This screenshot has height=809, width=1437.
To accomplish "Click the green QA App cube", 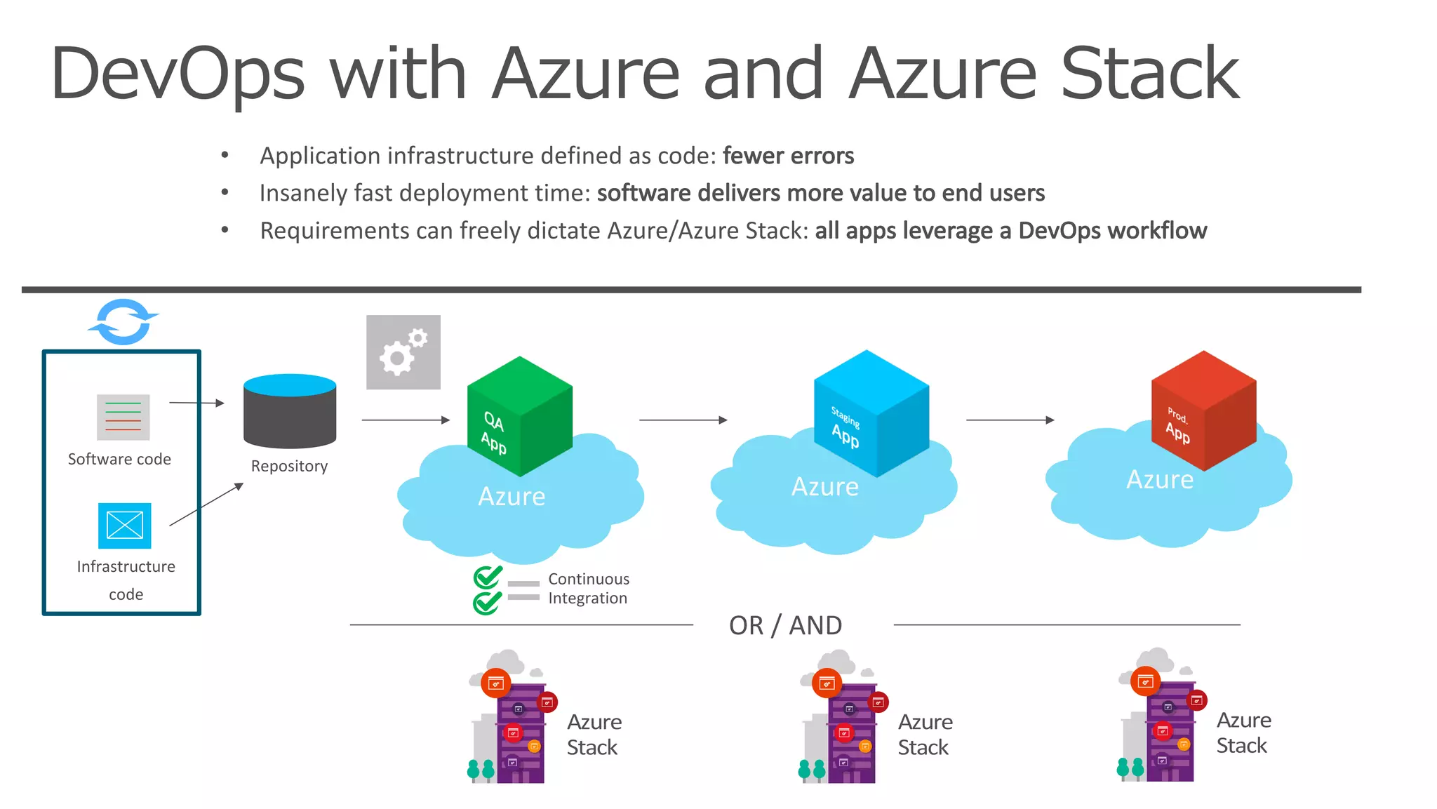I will click(x=519, y=417).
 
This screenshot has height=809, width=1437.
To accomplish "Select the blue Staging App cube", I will click(x=871, y=414).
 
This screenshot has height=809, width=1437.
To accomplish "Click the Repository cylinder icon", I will click(x=290, y=412).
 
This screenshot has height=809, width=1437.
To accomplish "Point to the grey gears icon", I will click(x=403, y=352).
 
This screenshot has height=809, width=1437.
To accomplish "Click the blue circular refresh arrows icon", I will click(x=123, y=322).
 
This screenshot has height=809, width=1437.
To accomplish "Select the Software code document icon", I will click(x=123, y=417).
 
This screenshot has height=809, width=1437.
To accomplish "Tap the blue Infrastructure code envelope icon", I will click(x=125, y=526).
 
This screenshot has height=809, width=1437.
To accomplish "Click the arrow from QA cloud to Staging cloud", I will click(x=683, y=420).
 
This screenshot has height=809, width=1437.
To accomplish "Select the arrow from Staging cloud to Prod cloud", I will click(x=1010, y=420).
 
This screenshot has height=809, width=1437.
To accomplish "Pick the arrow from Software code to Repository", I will click(x=196, y=403).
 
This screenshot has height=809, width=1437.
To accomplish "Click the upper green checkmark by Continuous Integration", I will click(x=488, y=577).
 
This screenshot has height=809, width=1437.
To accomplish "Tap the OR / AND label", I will click(x=785, y=625).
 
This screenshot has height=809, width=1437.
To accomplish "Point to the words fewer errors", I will click(x=788, y=156).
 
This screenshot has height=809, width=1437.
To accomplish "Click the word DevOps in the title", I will click(x=178, y=74).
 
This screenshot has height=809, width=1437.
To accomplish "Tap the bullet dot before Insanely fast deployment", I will click(x=225, y=192).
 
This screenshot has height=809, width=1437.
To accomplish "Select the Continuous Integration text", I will click(x=588, y=589).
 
